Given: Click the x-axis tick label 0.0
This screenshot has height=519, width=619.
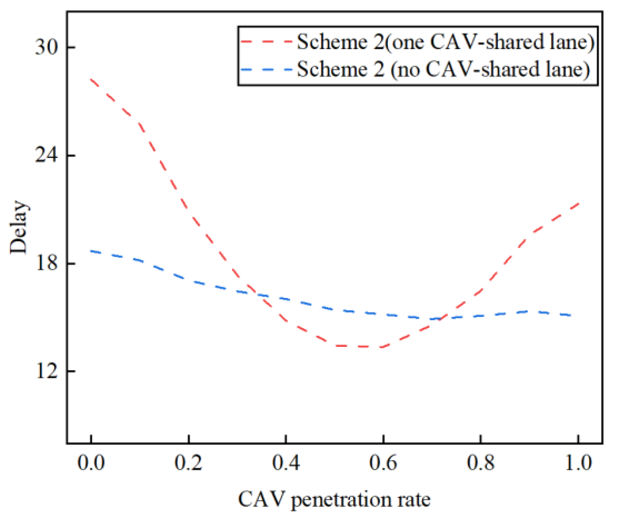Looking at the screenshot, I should click(x=91, y=463).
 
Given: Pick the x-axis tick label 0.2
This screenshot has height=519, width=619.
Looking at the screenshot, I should click(x=188, y=463).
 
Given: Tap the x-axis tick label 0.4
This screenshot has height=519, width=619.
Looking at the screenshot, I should click(x=286, y=463).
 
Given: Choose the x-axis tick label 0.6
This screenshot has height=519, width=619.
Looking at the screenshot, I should click(x=383, y=463).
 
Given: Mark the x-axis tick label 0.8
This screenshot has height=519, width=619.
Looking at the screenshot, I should click(x=480, y=463).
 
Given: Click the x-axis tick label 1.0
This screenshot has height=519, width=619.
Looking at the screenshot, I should click(x=578, y=463).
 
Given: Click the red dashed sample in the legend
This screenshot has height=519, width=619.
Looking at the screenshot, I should click(x=266, y=41).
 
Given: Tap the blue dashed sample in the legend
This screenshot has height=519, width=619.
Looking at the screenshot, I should click(x=266, y=69).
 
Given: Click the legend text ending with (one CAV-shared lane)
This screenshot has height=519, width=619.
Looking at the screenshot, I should click(x=445, y=41).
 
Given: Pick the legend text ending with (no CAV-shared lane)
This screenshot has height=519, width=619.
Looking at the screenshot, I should click(x=443, y=69).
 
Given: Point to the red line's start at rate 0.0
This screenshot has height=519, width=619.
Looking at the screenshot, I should click(x=91, y=79).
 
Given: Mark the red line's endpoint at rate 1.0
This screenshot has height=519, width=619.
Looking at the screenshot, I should click(x=578, y=203).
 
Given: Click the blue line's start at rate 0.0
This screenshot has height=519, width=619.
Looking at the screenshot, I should click(x=91, y=251).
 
